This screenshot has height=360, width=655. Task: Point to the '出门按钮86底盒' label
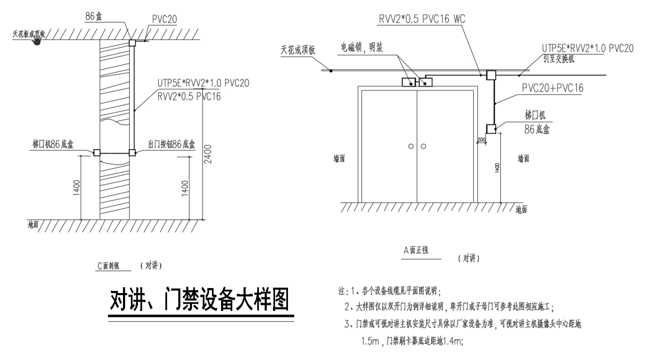172,145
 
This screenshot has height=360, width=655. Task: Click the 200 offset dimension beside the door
481,139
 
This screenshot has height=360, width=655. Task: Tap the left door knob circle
411,147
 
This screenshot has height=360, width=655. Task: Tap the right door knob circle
423,147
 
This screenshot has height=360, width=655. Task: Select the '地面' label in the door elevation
521,209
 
